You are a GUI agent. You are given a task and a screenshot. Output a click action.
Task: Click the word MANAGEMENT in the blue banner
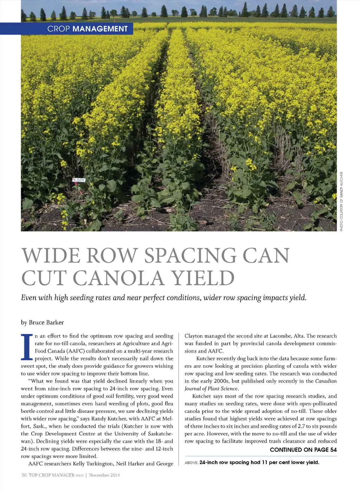point(100,29)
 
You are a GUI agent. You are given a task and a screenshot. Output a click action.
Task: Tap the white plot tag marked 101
point(79,180)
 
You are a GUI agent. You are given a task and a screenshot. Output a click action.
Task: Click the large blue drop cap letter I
point(27,347)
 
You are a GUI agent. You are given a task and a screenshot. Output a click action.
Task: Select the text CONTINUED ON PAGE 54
point(303,450)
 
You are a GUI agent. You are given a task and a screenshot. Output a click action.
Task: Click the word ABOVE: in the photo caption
point(191,463)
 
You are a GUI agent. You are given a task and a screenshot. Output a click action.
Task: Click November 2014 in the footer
point(104,475)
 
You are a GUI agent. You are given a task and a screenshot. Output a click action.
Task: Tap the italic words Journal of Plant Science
point(211,388)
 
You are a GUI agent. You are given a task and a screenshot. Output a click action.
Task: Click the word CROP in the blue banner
point(58,29)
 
